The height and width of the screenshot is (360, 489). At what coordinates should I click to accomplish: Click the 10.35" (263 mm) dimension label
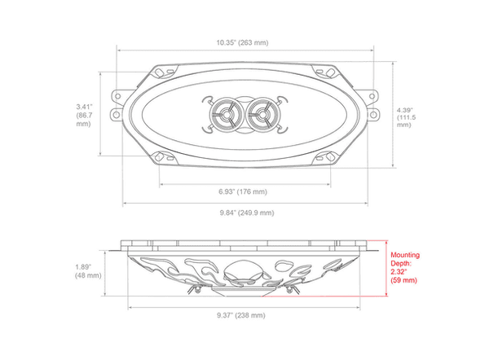242,42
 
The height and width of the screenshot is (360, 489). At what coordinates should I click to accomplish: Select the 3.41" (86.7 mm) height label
84,116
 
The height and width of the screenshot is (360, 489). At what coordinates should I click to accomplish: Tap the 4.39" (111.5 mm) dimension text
407,117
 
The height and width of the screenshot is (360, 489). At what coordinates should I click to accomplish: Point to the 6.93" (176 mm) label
243,191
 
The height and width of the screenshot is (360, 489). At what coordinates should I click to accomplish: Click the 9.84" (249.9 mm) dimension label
247,213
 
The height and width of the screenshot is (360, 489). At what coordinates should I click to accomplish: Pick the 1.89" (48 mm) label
88,271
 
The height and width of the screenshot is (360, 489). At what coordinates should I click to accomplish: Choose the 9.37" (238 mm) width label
241,315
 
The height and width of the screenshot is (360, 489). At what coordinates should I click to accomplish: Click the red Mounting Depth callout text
405,267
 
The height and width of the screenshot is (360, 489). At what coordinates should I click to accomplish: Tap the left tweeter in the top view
226,115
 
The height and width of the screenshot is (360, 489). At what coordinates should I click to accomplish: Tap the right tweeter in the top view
262,115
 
